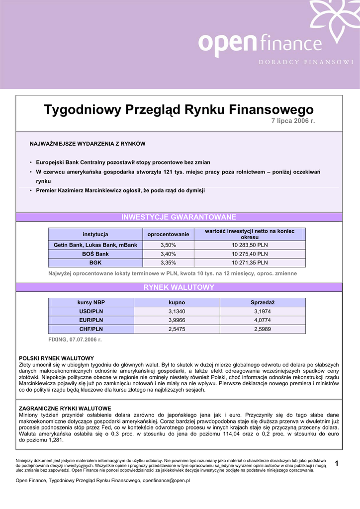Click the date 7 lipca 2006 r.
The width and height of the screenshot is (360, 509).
pyautogui.click(x=293, y=121)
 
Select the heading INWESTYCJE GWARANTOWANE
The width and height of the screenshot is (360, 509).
pyautogui.click(x=179, y=217)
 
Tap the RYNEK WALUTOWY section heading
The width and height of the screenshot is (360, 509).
pyautogui.click(x=179, y=287)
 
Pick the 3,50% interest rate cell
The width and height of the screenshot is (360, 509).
pyautogui.click(x=168, y=245)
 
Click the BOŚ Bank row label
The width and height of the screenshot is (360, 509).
pyautogui.click(x=95, y=254)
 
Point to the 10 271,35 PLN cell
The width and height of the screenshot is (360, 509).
pyautogui.click(x=250, y=263)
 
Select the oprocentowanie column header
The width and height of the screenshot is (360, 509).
pyautogui.click(x=168, y=234)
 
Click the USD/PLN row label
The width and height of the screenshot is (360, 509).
pyautogui.click(x=91, y=311)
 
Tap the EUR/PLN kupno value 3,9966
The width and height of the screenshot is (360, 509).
pyautogui.click(x=177, y=320)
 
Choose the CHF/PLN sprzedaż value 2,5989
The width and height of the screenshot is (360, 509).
pyautogui.click(x=263, y=329)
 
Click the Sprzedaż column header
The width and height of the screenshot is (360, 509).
pyautogui.click(x=263, y=302)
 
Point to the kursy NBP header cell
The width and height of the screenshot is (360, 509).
pyautogui.click(x=91, y=302)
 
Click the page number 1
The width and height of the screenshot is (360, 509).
pyautogui.click(x=337, y=464)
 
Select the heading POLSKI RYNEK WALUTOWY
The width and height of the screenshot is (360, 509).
pyautogui.click(x=56, y=358)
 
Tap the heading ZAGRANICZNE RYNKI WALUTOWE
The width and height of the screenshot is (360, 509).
pyautogui.click(x=65, y=408)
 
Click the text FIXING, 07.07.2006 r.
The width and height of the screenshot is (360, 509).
pyautogui.click(x=75, y=339)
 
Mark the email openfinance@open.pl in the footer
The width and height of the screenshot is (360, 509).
pyautogui.click(x=166, y=481)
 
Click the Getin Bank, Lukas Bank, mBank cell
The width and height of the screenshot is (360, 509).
pyautogui.click(x=95, y=245)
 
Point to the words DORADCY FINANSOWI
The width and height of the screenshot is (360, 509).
pyautogui.click(x=305, y=62)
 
